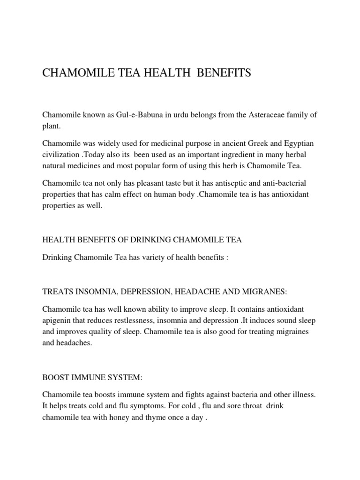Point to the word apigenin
57,320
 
